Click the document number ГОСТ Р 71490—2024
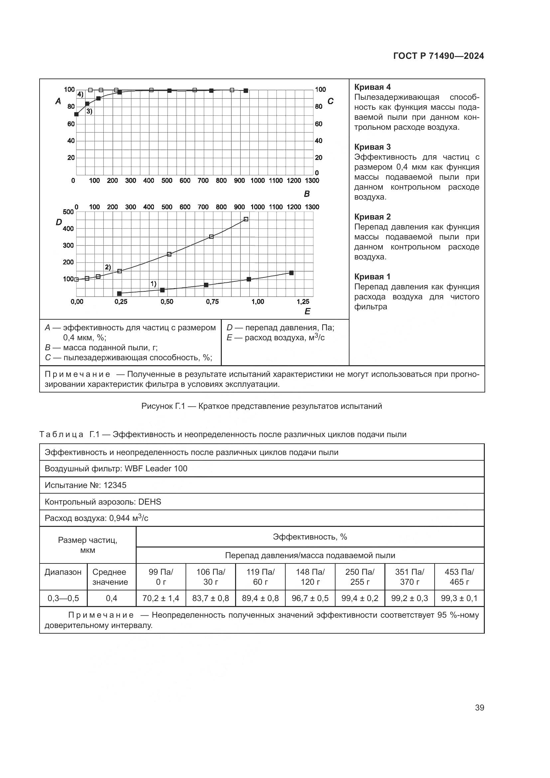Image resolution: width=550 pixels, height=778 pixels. click(439, 56)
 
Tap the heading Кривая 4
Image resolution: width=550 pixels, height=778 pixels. click(372, 87)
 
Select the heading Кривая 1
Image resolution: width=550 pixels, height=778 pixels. click(372, 276)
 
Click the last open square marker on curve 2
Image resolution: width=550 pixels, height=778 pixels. click(246, 219)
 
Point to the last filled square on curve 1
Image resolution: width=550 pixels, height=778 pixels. click(291, 273)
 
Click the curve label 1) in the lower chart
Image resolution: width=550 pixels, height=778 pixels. click(153, 284)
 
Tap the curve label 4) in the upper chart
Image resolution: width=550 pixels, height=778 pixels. click(80, 94)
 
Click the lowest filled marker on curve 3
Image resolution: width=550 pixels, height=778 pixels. click(76, 114)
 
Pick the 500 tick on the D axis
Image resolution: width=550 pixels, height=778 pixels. click(68, 212)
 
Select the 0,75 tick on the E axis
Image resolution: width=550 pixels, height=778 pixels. click(212, 302)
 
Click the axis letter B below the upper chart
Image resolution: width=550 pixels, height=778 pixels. click(307, 194)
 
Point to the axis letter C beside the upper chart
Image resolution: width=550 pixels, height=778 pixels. click(331, 101)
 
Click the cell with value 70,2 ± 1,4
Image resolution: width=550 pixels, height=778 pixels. click(161, 598)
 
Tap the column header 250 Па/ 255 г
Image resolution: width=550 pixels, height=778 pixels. click(360, 577)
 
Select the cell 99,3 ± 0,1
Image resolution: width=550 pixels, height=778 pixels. click(459, 598)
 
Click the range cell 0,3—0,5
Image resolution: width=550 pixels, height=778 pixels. click(63, 598)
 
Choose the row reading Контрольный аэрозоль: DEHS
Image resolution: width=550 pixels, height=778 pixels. click(103, 502)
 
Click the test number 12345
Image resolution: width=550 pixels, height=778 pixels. click(115, 485)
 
